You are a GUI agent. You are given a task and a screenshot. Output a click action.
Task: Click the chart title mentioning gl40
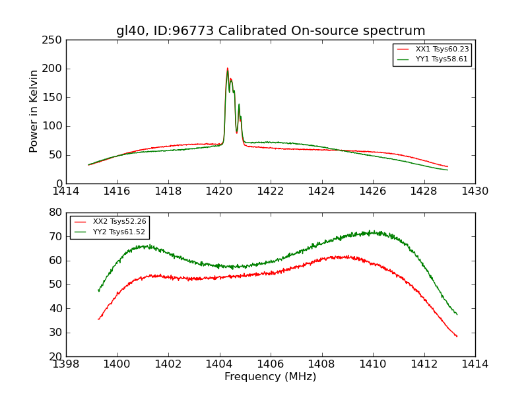pyautogui.click(x=271, y=31)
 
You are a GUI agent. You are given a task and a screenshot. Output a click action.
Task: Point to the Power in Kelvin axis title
pyautogui.click(x=34, y=112)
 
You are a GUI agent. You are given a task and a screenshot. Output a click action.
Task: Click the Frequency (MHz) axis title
pyautogui.click(x=271, y=377)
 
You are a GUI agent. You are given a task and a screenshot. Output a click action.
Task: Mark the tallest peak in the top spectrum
pyautogui.click(x=227, y=68)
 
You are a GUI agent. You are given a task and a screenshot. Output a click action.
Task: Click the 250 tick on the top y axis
pyautogui.click(x=55, y=40)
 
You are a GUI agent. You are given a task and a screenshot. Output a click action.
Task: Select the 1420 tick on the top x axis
pyautogui.click(x=219, y=191)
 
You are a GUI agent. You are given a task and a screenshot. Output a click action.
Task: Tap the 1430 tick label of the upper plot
pyautogui.click(x=475, y=191)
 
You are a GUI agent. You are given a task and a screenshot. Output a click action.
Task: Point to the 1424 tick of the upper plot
pyautogui.click(x=321, y=191)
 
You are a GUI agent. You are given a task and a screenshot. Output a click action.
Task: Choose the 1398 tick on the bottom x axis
pyautogui.click(x=66, y=364)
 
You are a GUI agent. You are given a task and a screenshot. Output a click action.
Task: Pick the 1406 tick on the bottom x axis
pyautogui.click(x=271, y=364)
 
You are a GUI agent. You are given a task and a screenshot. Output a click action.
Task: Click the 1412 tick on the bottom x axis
pyautogui.click(x=424, y=364)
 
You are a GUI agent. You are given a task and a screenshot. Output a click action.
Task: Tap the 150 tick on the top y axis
pyautogui.click(x=55, y=98)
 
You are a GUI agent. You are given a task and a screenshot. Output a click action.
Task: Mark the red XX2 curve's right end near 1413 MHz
pyautogui.click(x=457, y=336)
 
